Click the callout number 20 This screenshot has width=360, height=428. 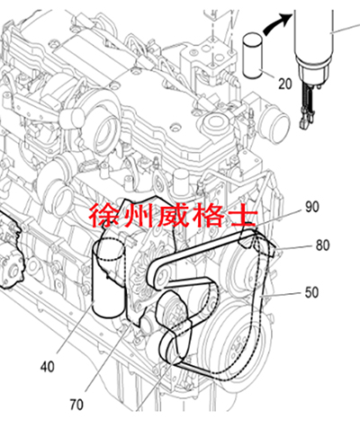[x=284, y=84]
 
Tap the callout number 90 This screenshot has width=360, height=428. [x=312, y=207]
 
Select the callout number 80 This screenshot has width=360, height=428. [x=322, y=245]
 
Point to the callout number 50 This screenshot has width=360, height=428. [x=311, y=292]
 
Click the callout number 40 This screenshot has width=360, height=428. [x=48, y=367]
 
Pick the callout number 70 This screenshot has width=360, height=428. [x=76, y=405]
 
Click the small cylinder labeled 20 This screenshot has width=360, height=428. [x=253, y=56]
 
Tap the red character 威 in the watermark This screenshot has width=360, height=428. [x=173, y=216]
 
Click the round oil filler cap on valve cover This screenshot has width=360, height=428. [x=214, y=122]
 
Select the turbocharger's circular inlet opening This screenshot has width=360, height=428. [x=104, y=136]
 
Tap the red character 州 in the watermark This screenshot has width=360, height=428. [x=137, y=216]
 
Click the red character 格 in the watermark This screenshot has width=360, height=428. [x=208, y=216]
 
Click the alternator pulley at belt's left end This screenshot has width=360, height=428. [x=160, y=274]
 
